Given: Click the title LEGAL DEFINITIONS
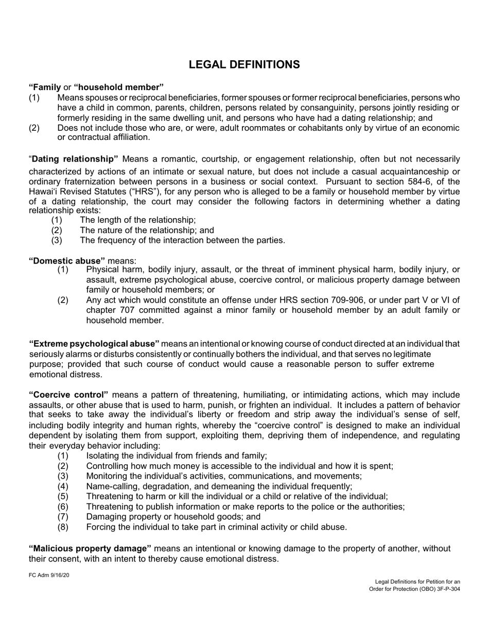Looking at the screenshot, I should point(244,64).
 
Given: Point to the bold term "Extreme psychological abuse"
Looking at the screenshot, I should point(94,343).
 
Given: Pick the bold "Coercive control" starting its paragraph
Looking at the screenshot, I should point(68,395).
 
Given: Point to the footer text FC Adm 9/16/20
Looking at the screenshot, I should point(49,575).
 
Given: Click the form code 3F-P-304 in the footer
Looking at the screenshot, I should point(446,589).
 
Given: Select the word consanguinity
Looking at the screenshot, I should point(324,107).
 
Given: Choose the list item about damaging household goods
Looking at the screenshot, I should point(173,517).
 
